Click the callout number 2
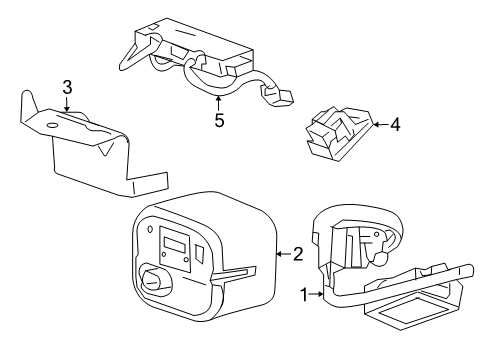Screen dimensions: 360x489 [296, 255]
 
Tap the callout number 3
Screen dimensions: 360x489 [67, 88]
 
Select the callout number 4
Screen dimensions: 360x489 [394, 126]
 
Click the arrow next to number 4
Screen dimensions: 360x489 [377, 126]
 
